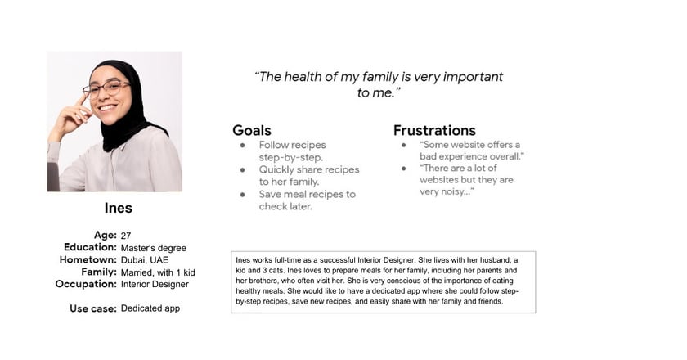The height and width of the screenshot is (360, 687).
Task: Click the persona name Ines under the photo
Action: [x=119, y=208]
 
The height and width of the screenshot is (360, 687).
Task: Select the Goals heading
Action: [x=252, y=130]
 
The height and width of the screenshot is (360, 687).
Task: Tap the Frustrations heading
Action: [x=434, y=130]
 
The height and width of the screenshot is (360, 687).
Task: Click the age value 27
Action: [x=126, y=236]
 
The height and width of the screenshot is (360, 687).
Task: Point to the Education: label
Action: [x=90, y=247]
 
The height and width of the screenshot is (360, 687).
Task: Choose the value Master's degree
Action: [x=154, y=248]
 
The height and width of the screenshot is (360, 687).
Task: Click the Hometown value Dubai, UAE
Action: [x=145, y=259]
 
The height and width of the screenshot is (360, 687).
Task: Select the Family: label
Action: [x=99, y=272]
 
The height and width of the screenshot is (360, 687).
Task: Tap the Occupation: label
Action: [x=86, y=284]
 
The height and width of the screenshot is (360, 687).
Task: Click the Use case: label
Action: [x=93, y=308]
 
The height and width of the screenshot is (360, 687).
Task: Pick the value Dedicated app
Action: [x=150, y=308]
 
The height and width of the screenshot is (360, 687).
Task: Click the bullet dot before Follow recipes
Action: [x=243, y=145]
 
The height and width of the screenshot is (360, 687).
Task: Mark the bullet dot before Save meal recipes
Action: [x=243, y=194]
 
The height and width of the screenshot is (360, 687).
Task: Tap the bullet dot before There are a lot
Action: [x=403, y=169]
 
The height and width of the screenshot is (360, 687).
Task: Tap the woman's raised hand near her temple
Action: [x=71, y=116]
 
